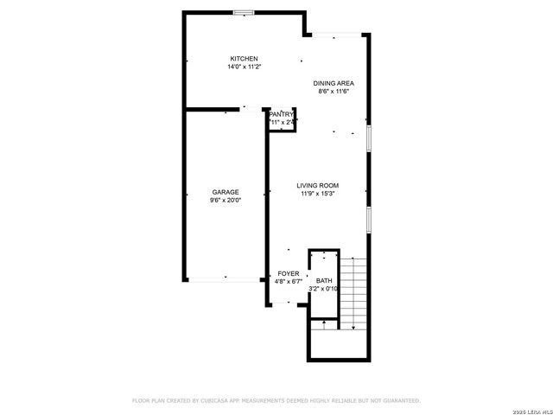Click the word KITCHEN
244,59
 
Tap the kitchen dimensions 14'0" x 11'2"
244,67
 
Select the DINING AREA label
334,83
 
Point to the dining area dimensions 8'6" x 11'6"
334,91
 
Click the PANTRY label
283,114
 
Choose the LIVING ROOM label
317,186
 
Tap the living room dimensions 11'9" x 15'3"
317,194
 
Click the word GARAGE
226,192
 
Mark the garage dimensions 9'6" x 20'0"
226,200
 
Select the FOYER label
288,273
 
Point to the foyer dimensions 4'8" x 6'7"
288,281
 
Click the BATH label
324,281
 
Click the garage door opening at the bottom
226,278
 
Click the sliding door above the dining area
337,35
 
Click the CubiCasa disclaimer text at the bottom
276,400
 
